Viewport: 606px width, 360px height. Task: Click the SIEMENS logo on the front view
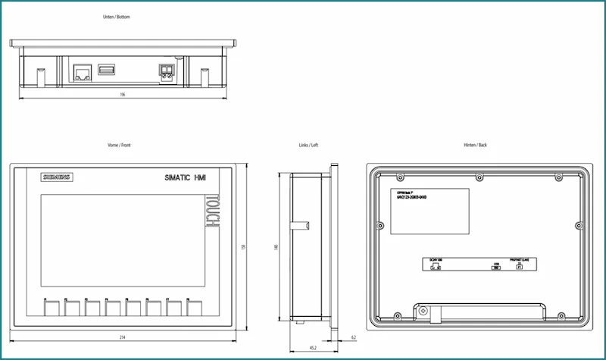pos(56,177)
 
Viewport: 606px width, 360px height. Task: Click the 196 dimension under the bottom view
pos(123,95)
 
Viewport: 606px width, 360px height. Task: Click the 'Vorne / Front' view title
pos(120,144)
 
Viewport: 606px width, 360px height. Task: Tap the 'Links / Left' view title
pos(310,144)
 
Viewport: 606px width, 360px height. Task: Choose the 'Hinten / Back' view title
pos(475,144)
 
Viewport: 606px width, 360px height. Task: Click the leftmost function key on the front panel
pos(52,307)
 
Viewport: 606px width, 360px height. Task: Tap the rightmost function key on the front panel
pos(194,307)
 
